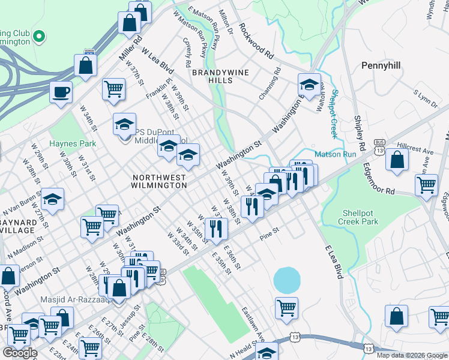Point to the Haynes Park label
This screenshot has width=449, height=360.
73,143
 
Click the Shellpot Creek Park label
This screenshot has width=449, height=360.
360,217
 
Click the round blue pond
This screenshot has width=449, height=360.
288,280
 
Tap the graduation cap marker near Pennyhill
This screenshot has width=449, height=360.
309,85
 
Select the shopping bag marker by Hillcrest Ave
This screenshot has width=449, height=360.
397,160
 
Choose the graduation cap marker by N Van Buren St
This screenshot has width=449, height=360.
52,199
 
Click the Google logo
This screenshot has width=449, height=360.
20,353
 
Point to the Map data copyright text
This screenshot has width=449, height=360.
412,355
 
